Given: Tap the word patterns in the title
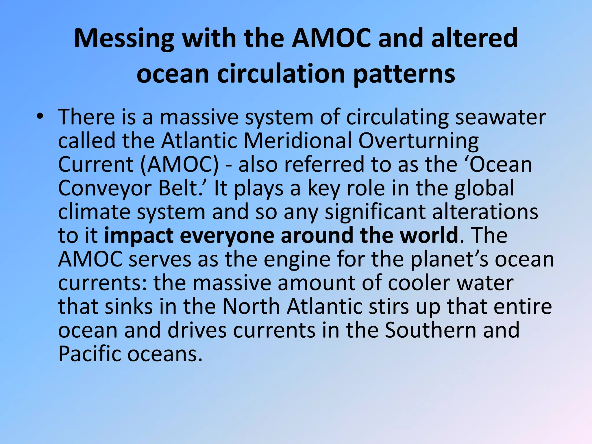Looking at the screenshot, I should click(x=404, y=74).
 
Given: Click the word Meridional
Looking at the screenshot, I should click(x=297, y=141).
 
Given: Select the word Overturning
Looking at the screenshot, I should click(x=419, y=141).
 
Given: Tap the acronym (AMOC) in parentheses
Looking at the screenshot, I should click(x=180, y=164).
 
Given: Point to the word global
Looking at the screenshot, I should click(x=484, y=188).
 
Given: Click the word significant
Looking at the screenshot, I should click(x=375, y=212).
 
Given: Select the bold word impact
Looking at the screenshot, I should click(x=138, y=236).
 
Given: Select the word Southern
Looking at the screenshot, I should click(x=430, y=330).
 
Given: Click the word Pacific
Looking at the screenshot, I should click(x=89, y=354).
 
